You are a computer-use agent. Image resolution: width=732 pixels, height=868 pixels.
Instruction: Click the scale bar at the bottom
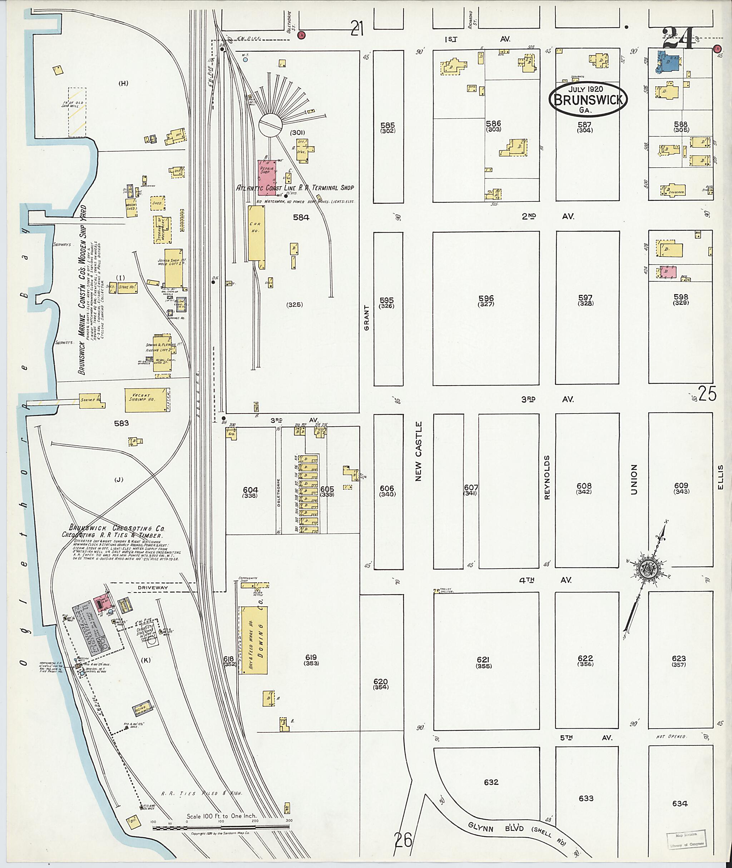tap(221, 827)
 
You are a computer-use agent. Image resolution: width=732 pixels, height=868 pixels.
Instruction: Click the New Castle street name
tap(418, 451)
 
